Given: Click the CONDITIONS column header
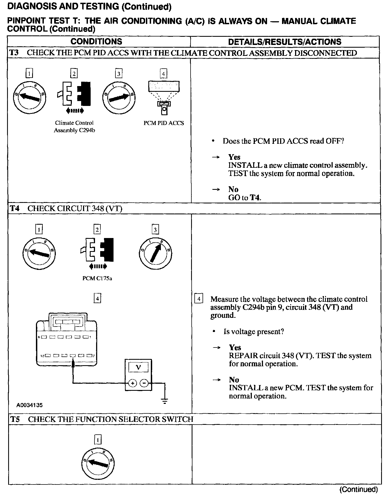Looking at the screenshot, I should coord(96,41).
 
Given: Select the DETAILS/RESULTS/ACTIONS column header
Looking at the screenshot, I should coord(284,42).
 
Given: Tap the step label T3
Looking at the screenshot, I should coord(14,53).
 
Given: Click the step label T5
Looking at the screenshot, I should coord(15,419).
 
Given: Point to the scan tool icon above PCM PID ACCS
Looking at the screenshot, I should coord(164,97).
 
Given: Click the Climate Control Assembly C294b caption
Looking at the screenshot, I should coord(74,127).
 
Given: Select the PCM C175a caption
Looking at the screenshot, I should coord(97,279).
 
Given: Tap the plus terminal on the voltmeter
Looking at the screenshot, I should coord(133,383).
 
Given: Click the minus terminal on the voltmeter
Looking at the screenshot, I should coord(144,383).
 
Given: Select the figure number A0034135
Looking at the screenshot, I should coord(29,405).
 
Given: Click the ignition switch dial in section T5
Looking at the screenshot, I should coord(98,462).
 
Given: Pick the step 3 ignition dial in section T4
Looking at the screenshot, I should coord(155,254).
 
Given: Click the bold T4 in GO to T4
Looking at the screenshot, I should coord(255,198).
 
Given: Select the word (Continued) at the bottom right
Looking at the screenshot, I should coord(359,489).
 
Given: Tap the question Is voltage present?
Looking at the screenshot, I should coord(254,331).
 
